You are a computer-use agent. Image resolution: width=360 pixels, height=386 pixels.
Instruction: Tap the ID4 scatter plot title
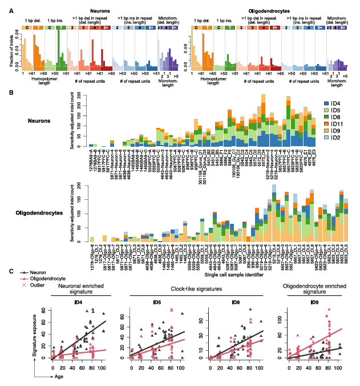(78, 302)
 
